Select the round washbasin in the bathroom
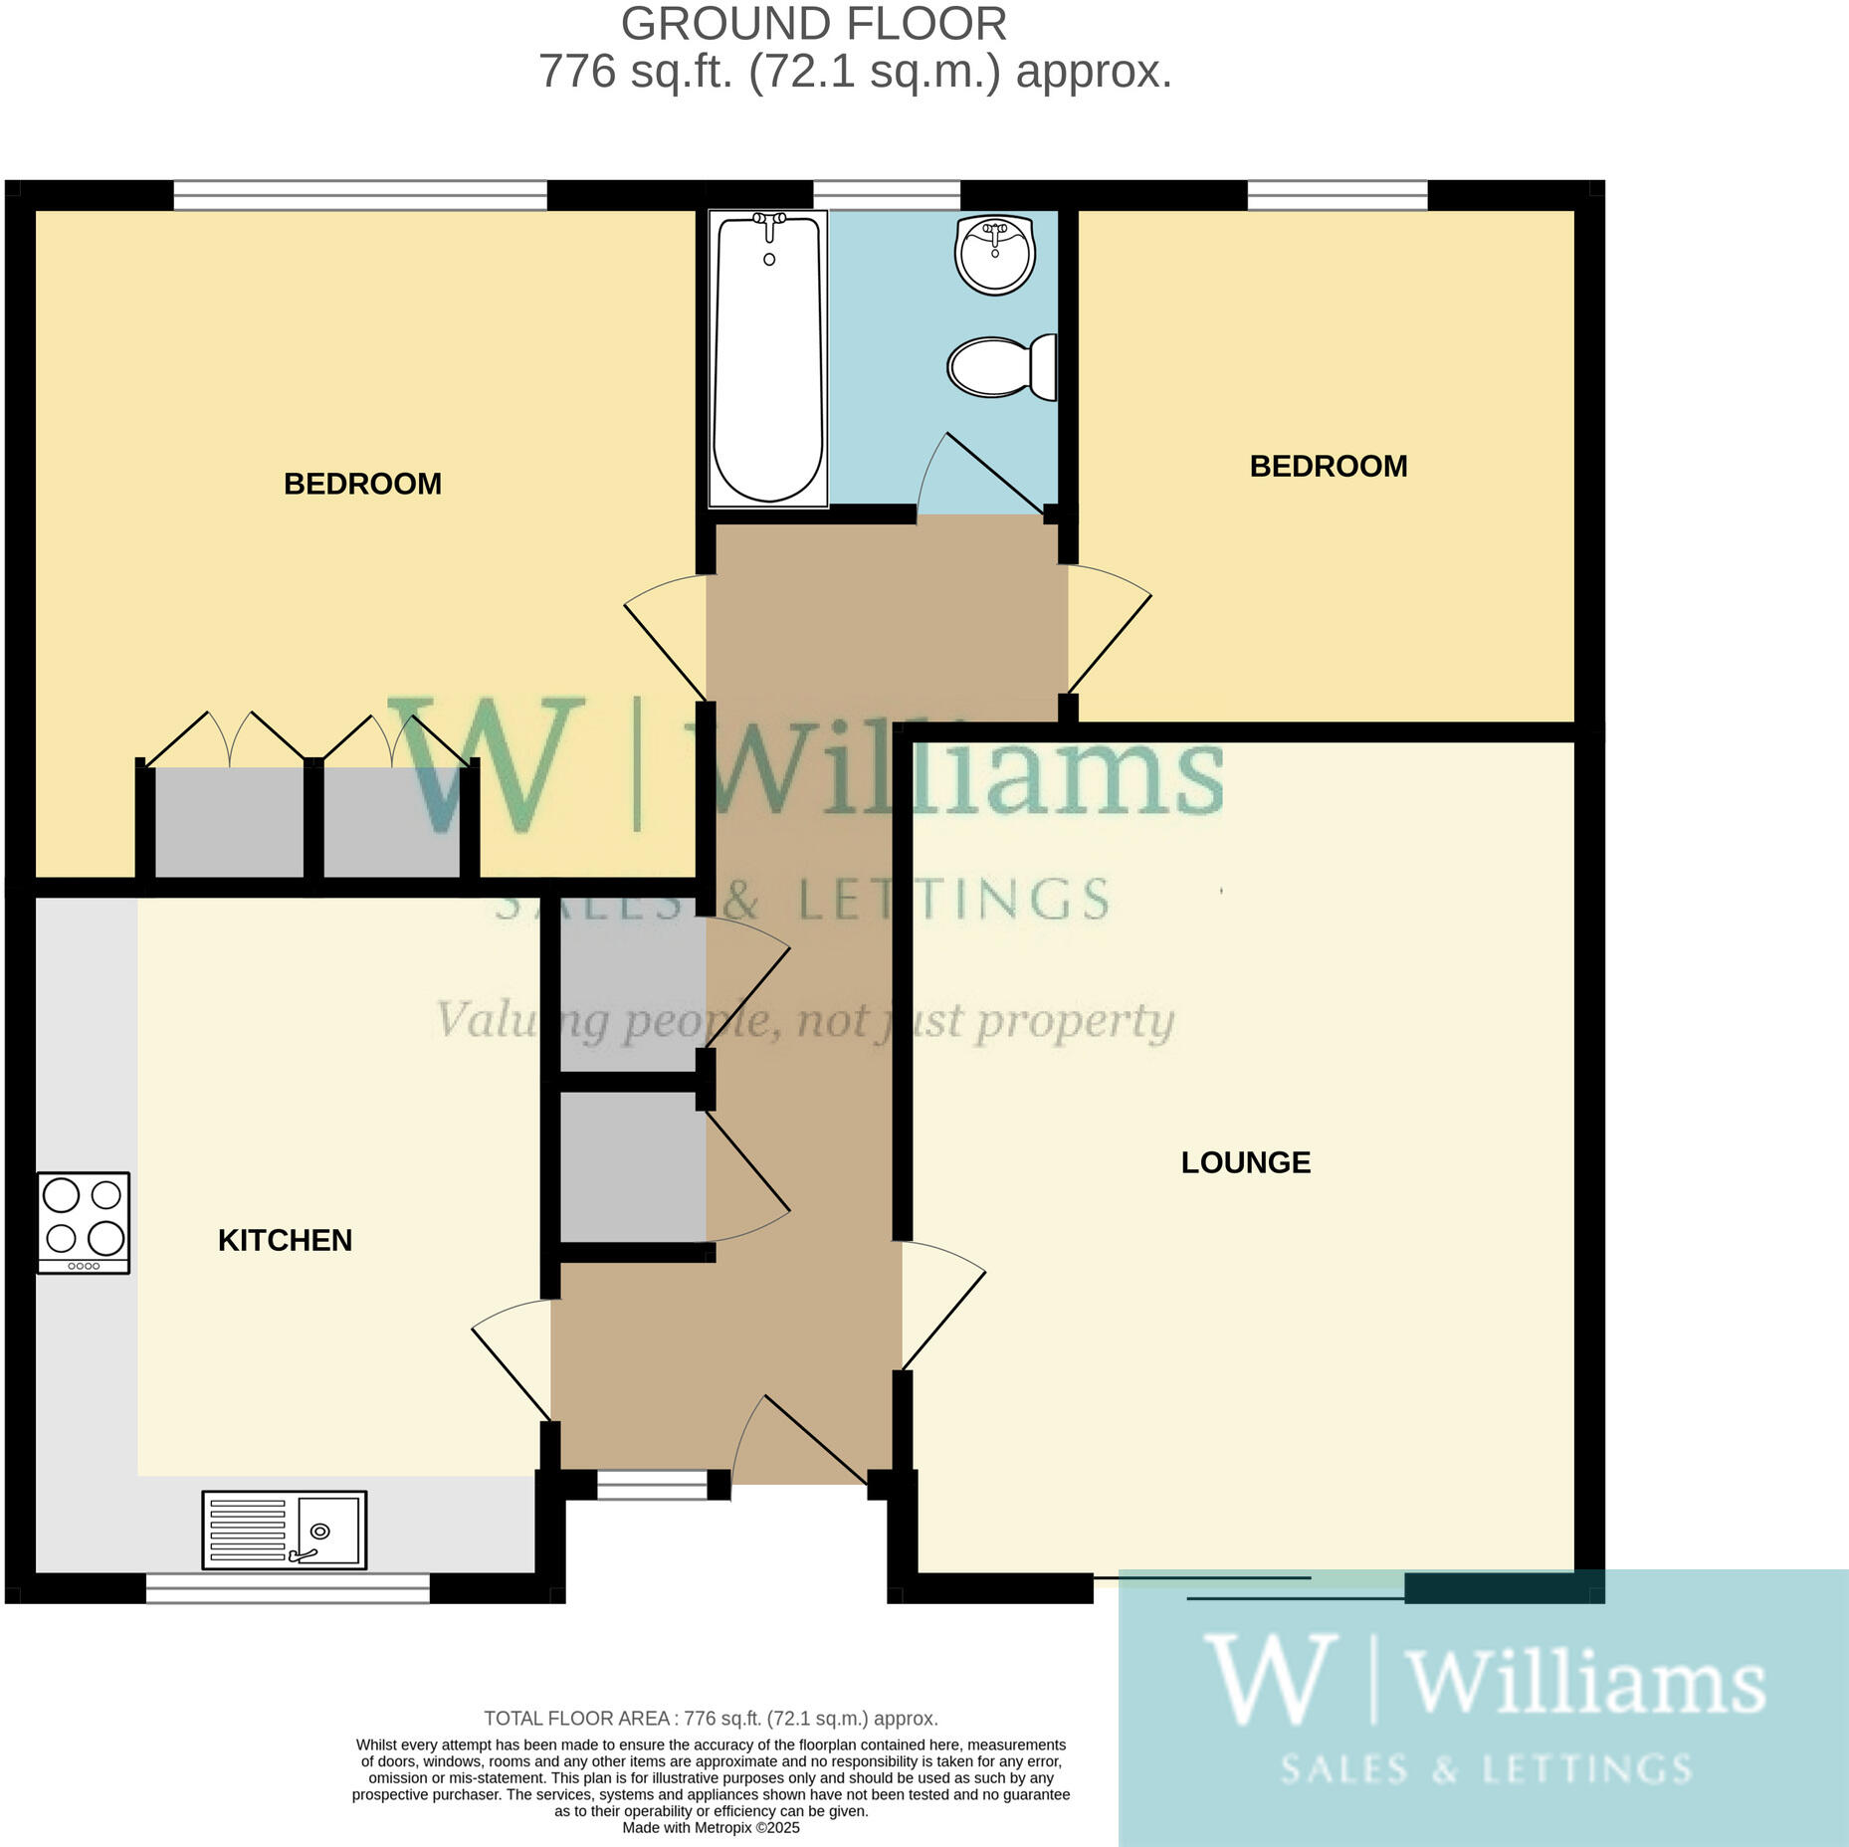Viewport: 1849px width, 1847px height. coord(994,254)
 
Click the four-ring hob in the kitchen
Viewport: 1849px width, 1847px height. coord(84,1222)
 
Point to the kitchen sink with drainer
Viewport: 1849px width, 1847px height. coord(284,1530)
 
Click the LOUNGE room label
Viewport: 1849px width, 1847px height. coord(1245,1162)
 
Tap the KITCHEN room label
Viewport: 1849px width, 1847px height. coord(285,1240)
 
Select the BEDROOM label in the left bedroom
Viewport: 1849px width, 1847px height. coord(362,484)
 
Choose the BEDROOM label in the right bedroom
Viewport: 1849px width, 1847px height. coord(1328,466)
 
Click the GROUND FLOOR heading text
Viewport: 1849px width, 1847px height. coord(813,24)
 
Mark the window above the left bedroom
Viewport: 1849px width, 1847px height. coord(360,195)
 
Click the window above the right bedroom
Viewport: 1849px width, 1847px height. coord(1336,195)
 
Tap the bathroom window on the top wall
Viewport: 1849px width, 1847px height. coord(886,195)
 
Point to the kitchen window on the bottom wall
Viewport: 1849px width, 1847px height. coord(288,1587)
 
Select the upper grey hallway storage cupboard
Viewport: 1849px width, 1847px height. coord(632,995)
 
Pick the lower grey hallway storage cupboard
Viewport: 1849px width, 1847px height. coord(632,1166)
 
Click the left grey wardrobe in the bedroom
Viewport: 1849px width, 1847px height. coord(229,822)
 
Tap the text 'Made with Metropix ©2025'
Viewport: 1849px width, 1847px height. coord(711,1827)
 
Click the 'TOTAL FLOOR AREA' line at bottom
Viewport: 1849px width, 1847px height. coord(711,1719)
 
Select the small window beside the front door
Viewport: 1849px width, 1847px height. coord(652,1485)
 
